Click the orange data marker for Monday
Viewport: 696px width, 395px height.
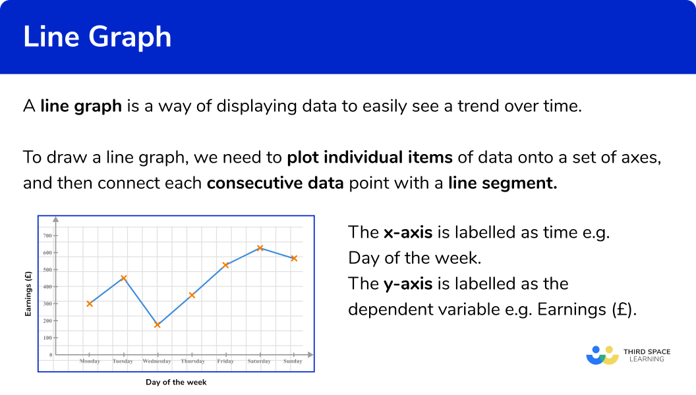tap(90, 303)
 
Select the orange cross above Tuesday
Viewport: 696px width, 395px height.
tap(124, 278)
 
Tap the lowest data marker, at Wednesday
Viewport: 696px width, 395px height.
tap(157, 325)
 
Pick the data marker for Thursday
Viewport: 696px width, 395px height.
tap(192, 295)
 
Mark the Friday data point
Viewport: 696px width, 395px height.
tap(225, 265)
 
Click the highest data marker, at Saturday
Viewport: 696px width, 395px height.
tap(260, 248)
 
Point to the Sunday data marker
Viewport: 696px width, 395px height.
tap(294, 258)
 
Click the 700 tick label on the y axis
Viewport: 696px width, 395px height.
tap(47, 236)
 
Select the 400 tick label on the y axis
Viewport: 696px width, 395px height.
tap(47, 287)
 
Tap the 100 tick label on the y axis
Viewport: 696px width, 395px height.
tap(47, 338)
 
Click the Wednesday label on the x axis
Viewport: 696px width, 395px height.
tap(157, 361)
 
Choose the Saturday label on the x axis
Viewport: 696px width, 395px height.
tap(259, 361)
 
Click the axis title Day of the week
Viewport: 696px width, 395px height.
tap(176, 382)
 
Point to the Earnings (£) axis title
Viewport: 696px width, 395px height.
tap(28, 294)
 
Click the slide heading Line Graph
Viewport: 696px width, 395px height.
tap(97, 36)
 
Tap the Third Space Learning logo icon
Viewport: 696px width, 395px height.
tap(602, 355)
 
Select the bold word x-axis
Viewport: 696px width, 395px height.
tap(408, 232)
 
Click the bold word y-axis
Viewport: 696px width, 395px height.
tap(408, 284)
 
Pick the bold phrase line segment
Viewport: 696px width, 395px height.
tap(502, 183)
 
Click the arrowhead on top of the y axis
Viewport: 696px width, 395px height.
tap(55, 219)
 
